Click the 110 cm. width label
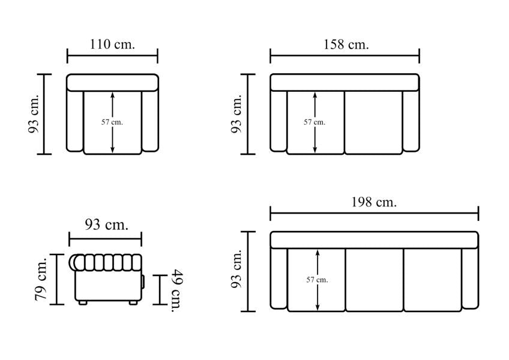click(112, 44)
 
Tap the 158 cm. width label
click(346, 44)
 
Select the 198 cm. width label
click(374, 202)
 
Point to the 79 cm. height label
click(41, 279)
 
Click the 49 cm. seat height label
click(177, 290)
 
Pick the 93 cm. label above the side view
click(106, 224)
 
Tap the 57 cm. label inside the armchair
click(112, 122)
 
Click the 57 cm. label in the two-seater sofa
click(315, 122)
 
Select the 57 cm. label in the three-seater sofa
click(317, 280)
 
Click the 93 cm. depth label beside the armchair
click(34, 114)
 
